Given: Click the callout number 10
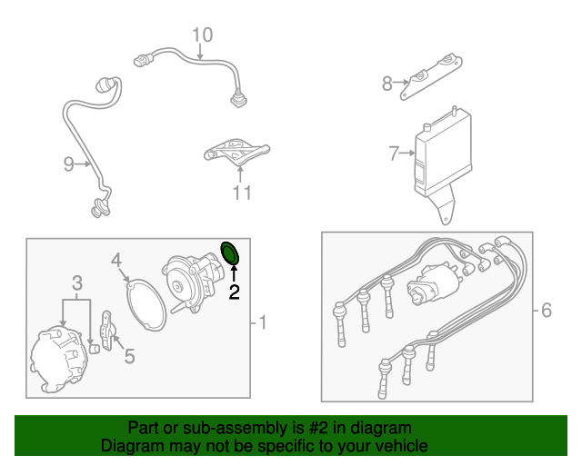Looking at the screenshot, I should click(x=202, y=35).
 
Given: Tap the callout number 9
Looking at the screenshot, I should click(x=69, y=164).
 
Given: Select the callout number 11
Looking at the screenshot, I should click(x=241, y=192).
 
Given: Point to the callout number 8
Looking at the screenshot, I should click(x=387, y=84).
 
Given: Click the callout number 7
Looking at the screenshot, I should click(x=394, y=153).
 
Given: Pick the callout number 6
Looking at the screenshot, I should click(x=546, y=311).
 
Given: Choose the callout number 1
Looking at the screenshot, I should click(x=263, y=322).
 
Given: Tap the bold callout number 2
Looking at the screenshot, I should click(x=234, y=292).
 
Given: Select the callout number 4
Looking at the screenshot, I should click(x=116, y=262).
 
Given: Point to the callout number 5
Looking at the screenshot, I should click(x=129, y=356).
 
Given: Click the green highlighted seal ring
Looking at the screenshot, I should click(x=230, y=253).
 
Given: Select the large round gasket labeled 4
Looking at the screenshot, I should click(x=145, y=302).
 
